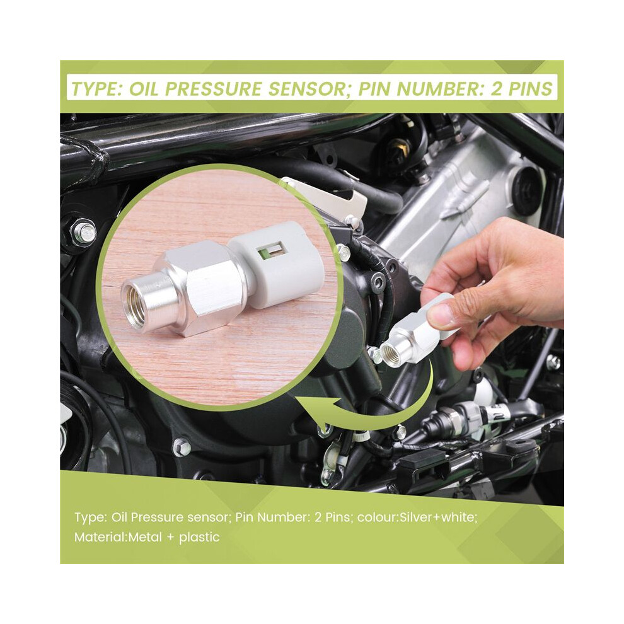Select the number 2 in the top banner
click(x=497, y=89)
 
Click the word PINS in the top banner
click(x=531, y=89)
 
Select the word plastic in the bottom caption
click(x=199, y=538)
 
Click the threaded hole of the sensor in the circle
click(x=136, y=304)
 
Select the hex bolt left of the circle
click(x=84, y=231)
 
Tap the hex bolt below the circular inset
click(x=182, y=447)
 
